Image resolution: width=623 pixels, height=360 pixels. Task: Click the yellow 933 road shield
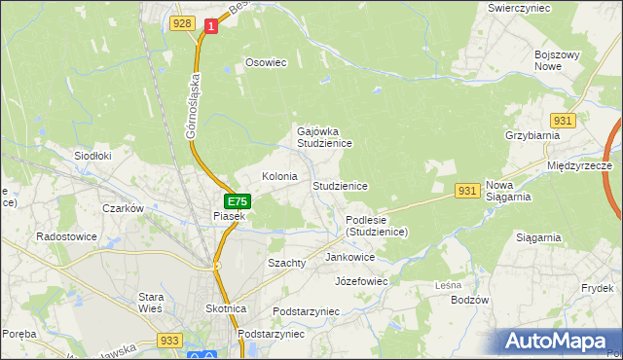coord(170,340)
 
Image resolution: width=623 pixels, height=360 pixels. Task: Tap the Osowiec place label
coord(266,62)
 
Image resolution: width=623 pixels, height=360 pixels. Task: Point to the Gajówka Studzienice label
coord(323,136)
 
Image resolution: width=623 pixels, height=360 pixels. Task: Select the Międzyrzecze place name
coord(579,166)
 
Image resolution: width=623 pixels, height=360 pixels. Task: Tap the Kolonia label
coord(279,176)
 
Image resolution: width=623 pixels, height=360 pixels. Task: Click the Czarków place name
coord(124,208)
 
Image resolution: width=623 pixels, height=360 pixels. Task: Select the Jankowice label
coord(350,257)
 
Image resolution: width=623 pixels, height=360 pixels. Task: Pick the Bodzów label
coord(469,300)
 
